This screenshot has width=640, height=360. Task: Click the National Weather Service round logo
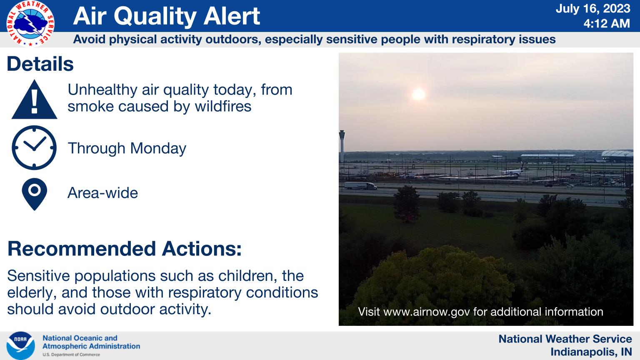30,23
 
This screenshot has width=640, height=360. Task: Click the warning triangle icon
34,100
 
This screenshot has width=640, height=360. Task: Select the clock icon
34,148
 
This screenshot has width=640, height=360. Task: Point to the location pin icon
34,194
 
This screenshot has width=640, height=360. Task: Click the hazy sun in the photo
419,95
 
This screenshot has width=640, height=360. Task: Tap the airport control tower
342,146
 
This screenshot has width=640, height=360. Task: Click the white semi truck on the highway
360,186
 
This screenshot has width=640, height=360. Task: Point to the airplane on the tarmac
513,171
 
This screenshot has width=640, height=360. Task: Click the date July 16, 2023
593,9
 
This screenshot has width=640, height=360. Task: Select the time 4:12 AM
607,23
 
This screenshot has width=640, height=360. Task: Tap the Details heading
40,64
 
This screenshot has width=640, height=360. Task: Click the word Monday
158,149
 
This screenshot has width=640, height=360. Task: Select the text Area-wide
103,193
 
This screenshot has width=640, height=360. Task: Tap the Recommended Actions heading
125,249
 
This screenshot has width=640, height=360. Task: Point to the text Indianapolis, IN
591,352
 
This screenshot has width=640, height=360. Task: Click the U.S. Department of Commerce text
71,355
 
